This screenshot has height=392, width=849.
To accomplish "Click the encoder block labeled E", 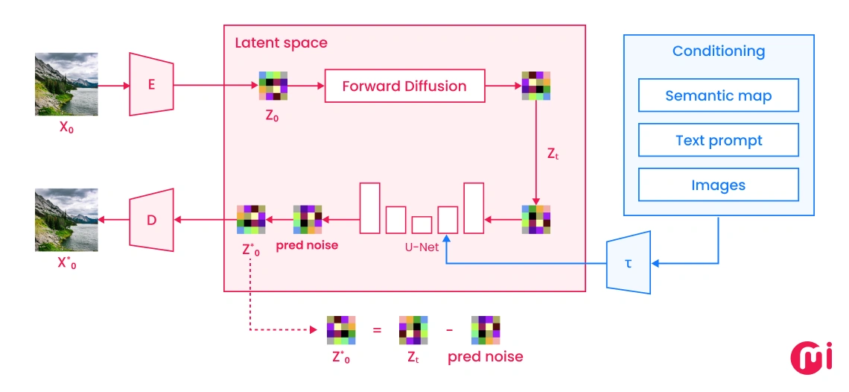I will tap(151, 84).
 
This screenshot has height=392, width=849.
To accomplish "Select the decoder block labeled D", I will tap(151, 220).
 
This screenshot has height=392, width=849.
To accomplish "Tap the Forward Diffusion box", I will tap(404, 86).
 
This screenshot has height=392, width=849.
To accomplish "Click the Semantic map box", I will tap(718, 95).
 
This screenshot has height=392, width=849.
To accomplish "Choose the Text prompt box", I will tap(718, 140).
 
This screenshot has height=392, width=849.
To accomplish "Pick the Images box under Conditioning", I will tap(718, 185).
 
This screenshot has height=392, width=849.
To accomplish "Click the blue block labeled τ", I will tap(629, 262).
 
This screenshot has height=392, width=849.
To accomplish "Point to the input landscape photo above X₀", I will tap(66, 84).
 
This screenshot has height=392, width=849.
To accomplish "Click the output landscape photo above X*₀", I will tap(66, 220).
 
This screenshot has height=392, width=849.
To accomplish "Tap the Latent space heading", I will tap(281, 42).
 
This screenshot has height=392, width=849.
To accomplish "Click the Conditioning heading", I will tap(718, 51).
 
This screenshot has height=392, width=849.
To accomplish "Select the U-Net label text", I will tap(417, 247).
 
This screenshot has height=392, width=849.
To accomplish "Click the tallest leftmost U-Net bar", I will tap(370, 208).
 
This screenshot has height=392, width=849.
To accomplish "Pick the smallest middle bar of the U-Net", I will tap(422, 225).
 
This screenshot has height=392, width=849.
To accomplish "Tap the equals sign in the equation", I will tap(377, 329).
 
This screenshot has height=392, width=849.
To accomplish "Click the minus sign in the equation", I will tap(450, 329).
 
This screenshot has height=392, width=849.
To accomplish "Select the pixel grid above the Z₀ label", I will tap(273, 86).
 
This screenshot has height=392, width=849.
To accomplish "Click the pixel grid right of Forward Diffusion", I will tap(535, 86).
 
